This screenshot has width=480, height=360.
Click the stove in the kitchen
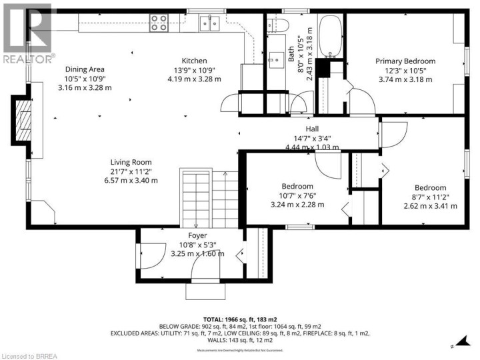[x=159, y=23]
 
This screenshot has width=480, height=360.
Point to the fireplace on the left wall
[x=23, y=119]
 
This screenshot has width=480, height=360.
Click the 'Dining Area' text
[x=84, y=69]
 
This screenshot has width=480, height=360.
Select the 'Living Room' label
[x=131, y=162]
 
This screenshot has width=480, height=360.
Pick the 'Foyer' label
[x=197, y=236]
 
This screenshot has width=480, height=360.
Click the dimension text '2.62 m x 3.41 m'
[x=430, y=206]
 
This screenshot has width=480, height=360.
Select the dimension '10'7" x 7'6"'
[x=297, y=195]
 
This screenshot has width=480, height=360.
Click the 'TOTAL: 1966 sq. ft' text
[x=240, y=319]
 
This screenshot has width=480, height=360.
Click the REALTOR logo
[x=27, y=33]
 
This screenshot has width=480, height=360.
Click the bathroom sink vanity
[x=275, y=59]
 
